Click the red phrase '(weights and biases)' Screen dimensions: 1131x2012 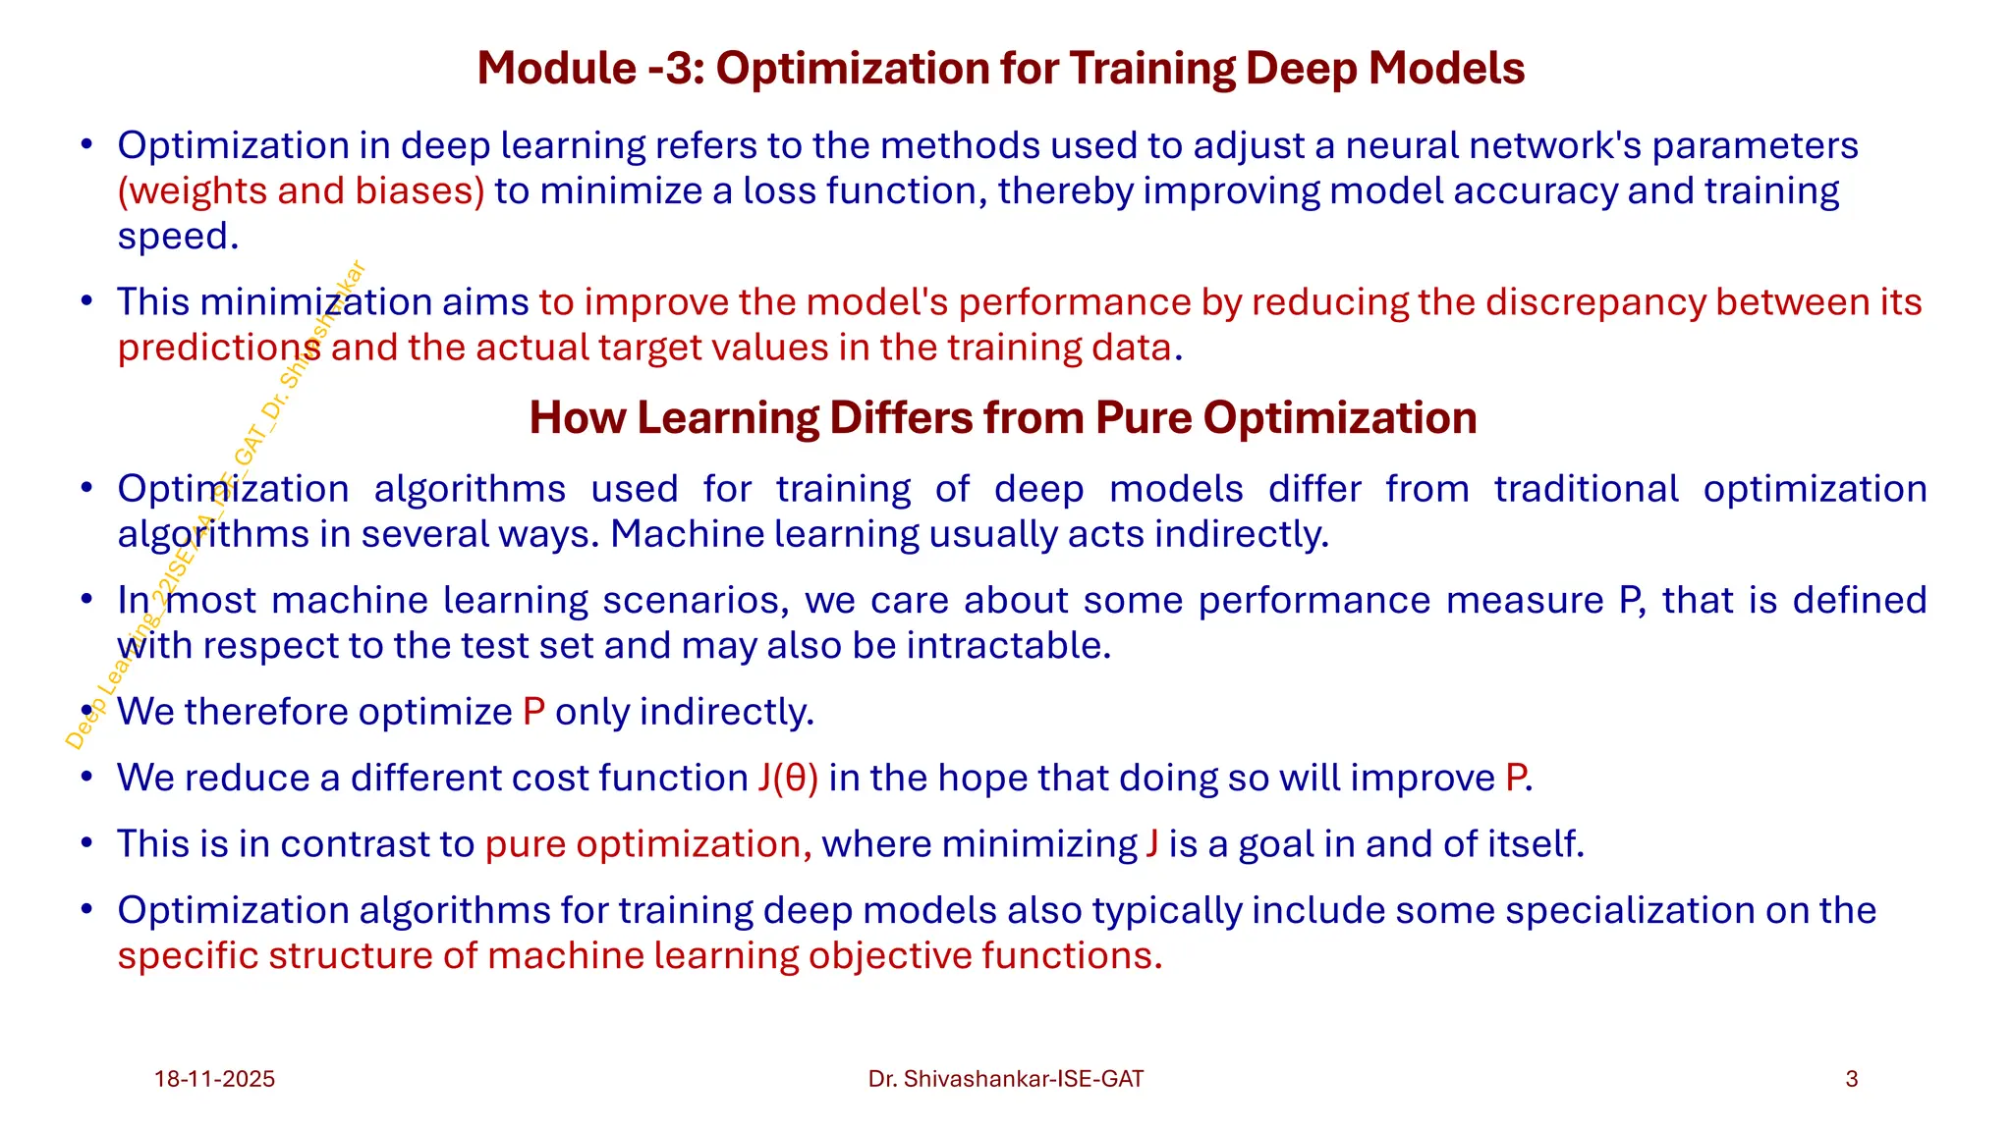(x=301, y=191)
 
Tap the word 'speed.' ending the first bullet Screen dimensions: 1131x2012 (x=178, y=237)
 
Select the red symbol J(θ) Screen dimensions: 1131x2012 (x=788, y=779)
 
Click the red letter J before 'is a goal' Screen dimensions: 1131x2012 (x=1151, y=844)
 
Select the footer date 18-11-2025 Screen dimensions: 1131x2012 (x=214, y=1079)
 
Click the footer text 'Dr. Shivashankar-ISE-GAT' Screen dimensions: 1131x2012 (x=1006, y=1079)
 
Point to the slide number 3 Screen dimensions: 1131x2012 (x=1852, y=1079)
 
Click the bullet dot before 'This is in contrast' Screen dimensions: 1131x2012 (x=87, y=843)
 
